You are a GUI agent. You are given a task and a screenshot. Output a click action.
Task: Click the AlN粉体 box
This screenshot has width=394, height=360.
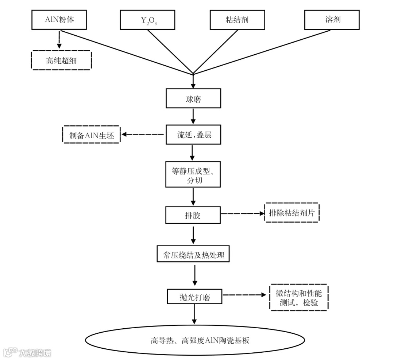click(59, 19)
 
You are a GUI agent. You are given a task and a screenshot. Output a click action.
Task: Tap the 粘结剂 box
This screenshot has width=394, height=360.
click(237, 20)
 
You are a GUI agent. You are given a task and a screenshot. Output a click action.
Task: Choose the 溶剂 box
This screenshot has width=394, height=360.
click(332, 19)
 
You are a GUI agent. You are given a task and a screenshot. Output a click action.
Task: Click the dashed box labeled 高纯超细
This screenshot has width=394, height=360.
click(61, 60)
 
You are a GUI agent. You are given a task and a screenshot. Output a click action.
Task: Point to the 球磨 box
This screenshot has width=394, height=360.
click(193, 99)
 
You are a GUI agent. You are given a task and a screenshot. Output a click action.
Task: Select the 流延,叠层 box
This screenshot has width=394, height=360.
click(193, 135)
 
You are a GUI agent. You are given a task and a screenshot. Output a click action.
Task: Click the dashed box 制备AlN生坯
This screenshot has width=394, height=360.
click(91, 135)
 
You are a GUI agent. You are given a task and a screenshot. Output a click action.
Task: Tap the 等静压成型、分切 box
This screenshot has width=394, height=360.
click(193, 174)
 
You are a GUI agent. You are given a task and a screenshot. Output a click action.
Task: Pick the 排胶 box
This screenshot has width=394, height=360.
click(193, 215)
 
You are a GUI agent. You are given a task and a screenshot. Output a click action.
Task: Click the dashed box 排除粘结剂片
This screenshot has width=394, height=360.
click(291, 212)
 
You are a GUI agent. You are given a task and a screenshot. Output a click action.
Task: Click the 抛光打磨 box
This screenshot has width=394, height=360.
click(194, 297)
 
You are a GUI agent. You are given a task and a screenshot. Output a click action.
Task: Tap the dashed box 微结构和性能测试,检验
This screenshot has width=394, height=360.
click(299, 297)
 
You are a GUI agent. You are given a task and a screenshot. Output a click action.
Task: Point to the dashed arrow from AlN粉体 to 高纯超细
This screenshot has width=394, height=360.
click(59, 39)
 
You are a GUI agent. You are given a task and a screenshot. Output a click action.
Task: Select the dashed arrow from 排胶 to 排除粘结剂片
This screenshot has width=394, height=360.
click(243, 214)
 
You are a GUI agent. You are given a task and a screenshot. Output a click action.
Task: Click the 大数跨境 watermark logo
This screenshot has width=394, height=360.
click(27, 352)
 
